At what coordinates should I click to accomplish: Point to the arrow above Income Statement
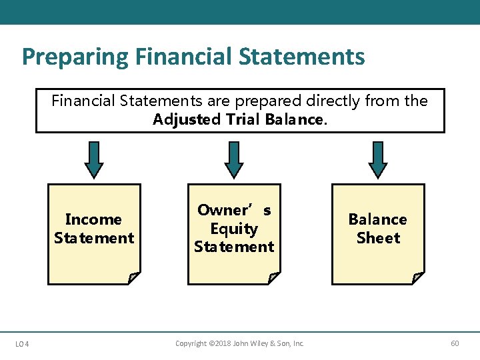[95, 160]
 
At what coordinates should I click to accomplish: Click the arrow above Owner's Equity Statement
[234, 160]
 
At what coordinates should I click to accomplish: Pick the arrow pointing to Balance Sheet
[378, 160]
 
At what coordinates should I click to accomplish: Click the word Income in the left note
[94, 219]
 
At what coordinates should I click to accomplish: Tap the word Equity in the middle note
[234, 229]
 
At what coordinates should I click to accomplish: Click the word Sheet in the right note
[378, 238]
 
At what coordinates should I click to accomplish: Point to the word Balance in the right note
[378, 219]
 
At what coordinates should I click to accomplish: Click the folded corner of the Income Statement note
[134, 278]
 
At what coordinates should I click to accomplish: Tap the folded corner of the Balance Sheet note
[418, 278]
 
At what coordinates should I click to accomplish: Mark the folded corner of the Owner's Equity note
[274, 278]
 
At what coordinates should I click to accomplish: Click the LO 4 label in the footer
[21, 344]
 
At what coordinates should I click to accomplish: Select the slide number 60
[455, 344]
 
